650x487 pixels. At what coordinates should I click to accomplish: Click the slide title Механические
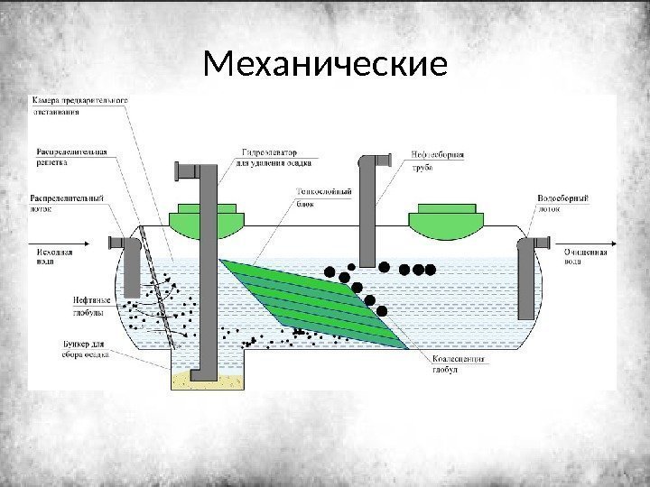point(325,65)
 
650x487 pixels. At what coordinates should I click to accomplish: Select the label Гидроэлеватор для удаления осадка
point(272,158)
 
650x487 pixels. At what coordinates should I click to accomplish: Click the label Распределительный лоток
point(68,202)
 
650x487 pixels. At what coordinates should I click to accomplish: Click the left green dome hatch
point(205,217)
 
